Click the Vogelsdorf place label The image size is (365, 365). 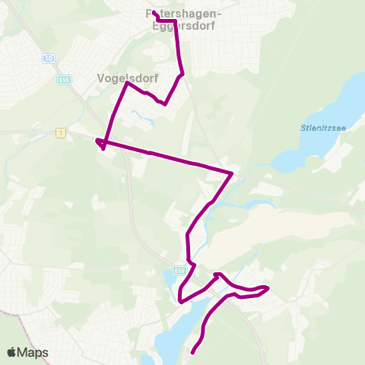click(x=122, y=77)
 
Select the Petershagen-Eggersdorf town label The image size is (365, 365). click(x=182, y=19)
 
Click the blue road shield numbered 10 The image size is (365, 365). click(x=48, y=58)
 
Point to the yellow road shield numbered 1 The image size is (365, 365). click(x=60, y=133)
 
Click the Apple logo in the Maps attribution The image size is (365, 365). click(x=11, y=352)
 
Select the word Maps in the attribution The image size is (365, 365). click(x=33, y=352)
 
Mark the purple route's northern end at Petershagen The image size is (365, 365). click(x=154, y=13)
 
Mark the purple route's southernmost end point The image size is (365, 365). click(x=192, y=352)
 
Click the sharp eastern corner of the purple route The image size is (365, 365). click(x=231, y=173)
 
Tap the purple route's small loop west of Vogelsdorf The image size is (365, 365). click(x=100, y=144)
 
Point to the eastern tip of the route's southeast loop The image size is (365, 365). click(x=268, y=287)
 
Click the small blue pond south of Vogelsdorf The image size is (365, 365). click(x=138, y=118)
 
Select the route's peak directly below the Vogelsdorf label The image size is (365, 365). click(x=126, y=83)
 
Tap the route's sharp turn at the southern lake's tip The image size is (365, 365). click(x=181, y=301)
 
